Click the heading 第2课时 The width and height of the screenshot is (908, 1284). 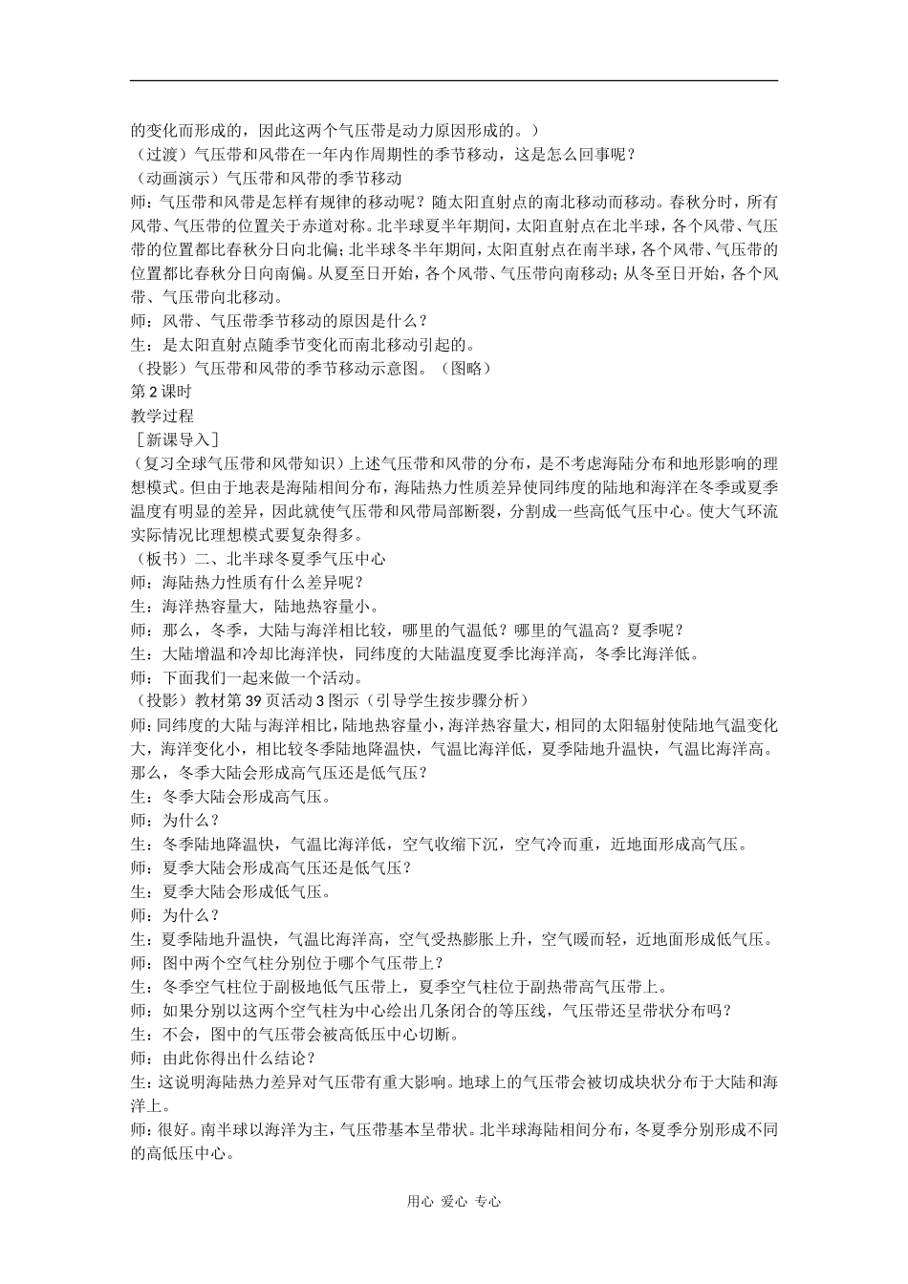[161, 392]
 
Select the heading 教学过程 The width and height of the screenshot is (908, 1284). [162, 416]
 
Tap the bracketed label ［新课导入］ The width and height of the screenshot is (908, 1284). [178, 439]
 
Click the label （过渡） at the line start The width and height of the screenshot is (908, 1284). [162, 154]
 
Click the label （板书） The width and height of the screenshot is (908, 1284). [162, 559]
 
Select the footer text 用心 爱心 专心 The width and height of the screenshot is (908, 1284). [454, 1202]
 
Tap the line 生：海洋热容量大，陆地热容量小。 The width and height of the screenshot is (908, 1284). [255, 607]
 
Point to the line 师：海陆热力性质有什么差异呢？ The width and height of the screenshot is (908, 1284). [248, 583]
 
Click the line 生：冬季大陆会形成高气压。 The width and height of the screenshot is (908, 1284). [231, 797]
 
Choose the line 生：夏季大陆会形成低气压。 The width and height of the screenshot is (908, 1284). [231, 892]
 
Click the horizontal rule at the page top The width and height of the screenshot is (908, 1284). [454, 80]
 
